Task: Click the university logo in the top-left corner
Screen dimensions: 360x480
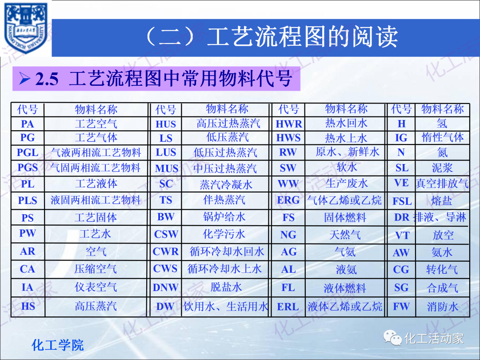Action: [x=26, y=28]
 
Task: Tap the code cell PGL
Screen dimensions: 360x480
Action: [x=28, y=153]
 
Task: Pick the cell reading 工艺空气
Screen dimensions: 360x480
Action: [x=96, y=124]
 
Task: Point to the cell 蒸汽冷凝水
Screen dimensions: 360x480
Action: [x=226, y=184]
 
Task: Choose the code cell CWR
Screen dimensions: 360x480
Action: [x=166, y=252]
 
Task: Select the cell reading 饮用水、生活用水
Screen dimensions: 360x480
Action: [x=226, y=306]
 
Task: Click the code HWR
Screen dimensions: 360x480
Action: [x=289, y=124]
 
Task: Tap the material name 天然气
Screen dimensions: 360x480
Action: [x=345, y=235]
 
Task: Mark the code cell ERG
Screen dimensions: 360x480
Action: [x=288, y=200]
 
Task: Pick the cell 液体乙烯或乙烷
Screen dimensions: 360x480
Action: [x=345, y=306]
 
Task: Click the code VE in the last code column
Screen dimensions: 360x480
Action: [x=401, y=183]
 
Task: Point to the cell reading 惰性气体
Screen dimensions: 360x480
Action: [x=442, y=137]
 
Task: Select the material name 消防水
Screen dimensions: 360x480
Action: [x=442, y=306]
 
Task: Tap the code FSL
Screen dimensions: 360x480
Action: [x=402, y=201]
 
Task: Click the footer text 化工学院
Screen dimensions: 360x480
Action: [x=58, y=345]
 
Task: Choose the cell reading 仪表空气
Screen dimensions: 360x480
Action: [x=96, y=287]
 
